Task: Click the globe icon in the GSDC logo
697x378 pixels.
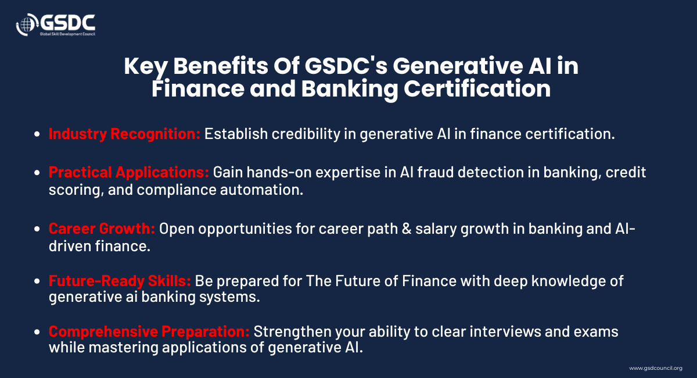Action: click(x=27, y=24)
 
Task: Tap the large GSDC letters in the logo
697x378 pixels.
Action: click(x=68, y=23)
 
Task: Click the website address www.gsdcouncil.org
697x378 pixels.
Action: click(x=656, y=368)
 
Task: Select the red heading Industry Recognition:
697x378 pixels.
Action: click(x=124, y=134)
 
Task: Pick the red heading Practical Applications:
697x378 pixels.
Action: click(x=129, y=172)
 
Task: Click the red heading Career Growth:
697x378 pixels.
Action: click(x=102, y=229)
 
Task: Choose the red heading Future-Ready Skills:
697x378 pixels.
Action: click(x=120, y=281)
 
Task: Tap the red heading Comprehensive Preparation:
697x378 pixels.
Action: click(x=149, y=331)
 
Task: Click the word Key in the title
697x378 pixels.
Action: click(x=146, y=67)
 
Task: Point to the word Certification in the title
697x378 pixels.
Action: click(x=477, y=89)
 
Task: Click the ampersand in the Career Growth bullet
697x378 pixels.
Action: click(x=407, y=229)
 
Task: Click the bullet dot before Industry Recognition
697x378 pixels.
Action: click(x=37, y=134)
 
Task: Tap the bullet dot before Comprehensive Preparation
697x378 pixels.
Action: click(x=37, y=332)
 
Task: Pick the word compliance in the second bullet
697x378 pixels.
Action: click(x=177, y=190)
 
